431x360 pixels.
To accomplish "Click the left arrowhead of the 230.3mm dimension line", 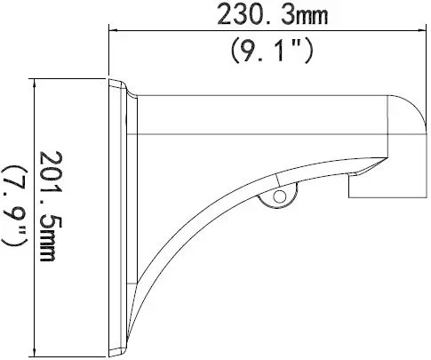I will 113,31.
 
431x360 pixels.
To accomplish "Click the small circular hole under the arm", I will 281,194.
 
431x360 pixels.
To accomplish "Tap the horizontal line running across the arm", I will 267,132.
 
